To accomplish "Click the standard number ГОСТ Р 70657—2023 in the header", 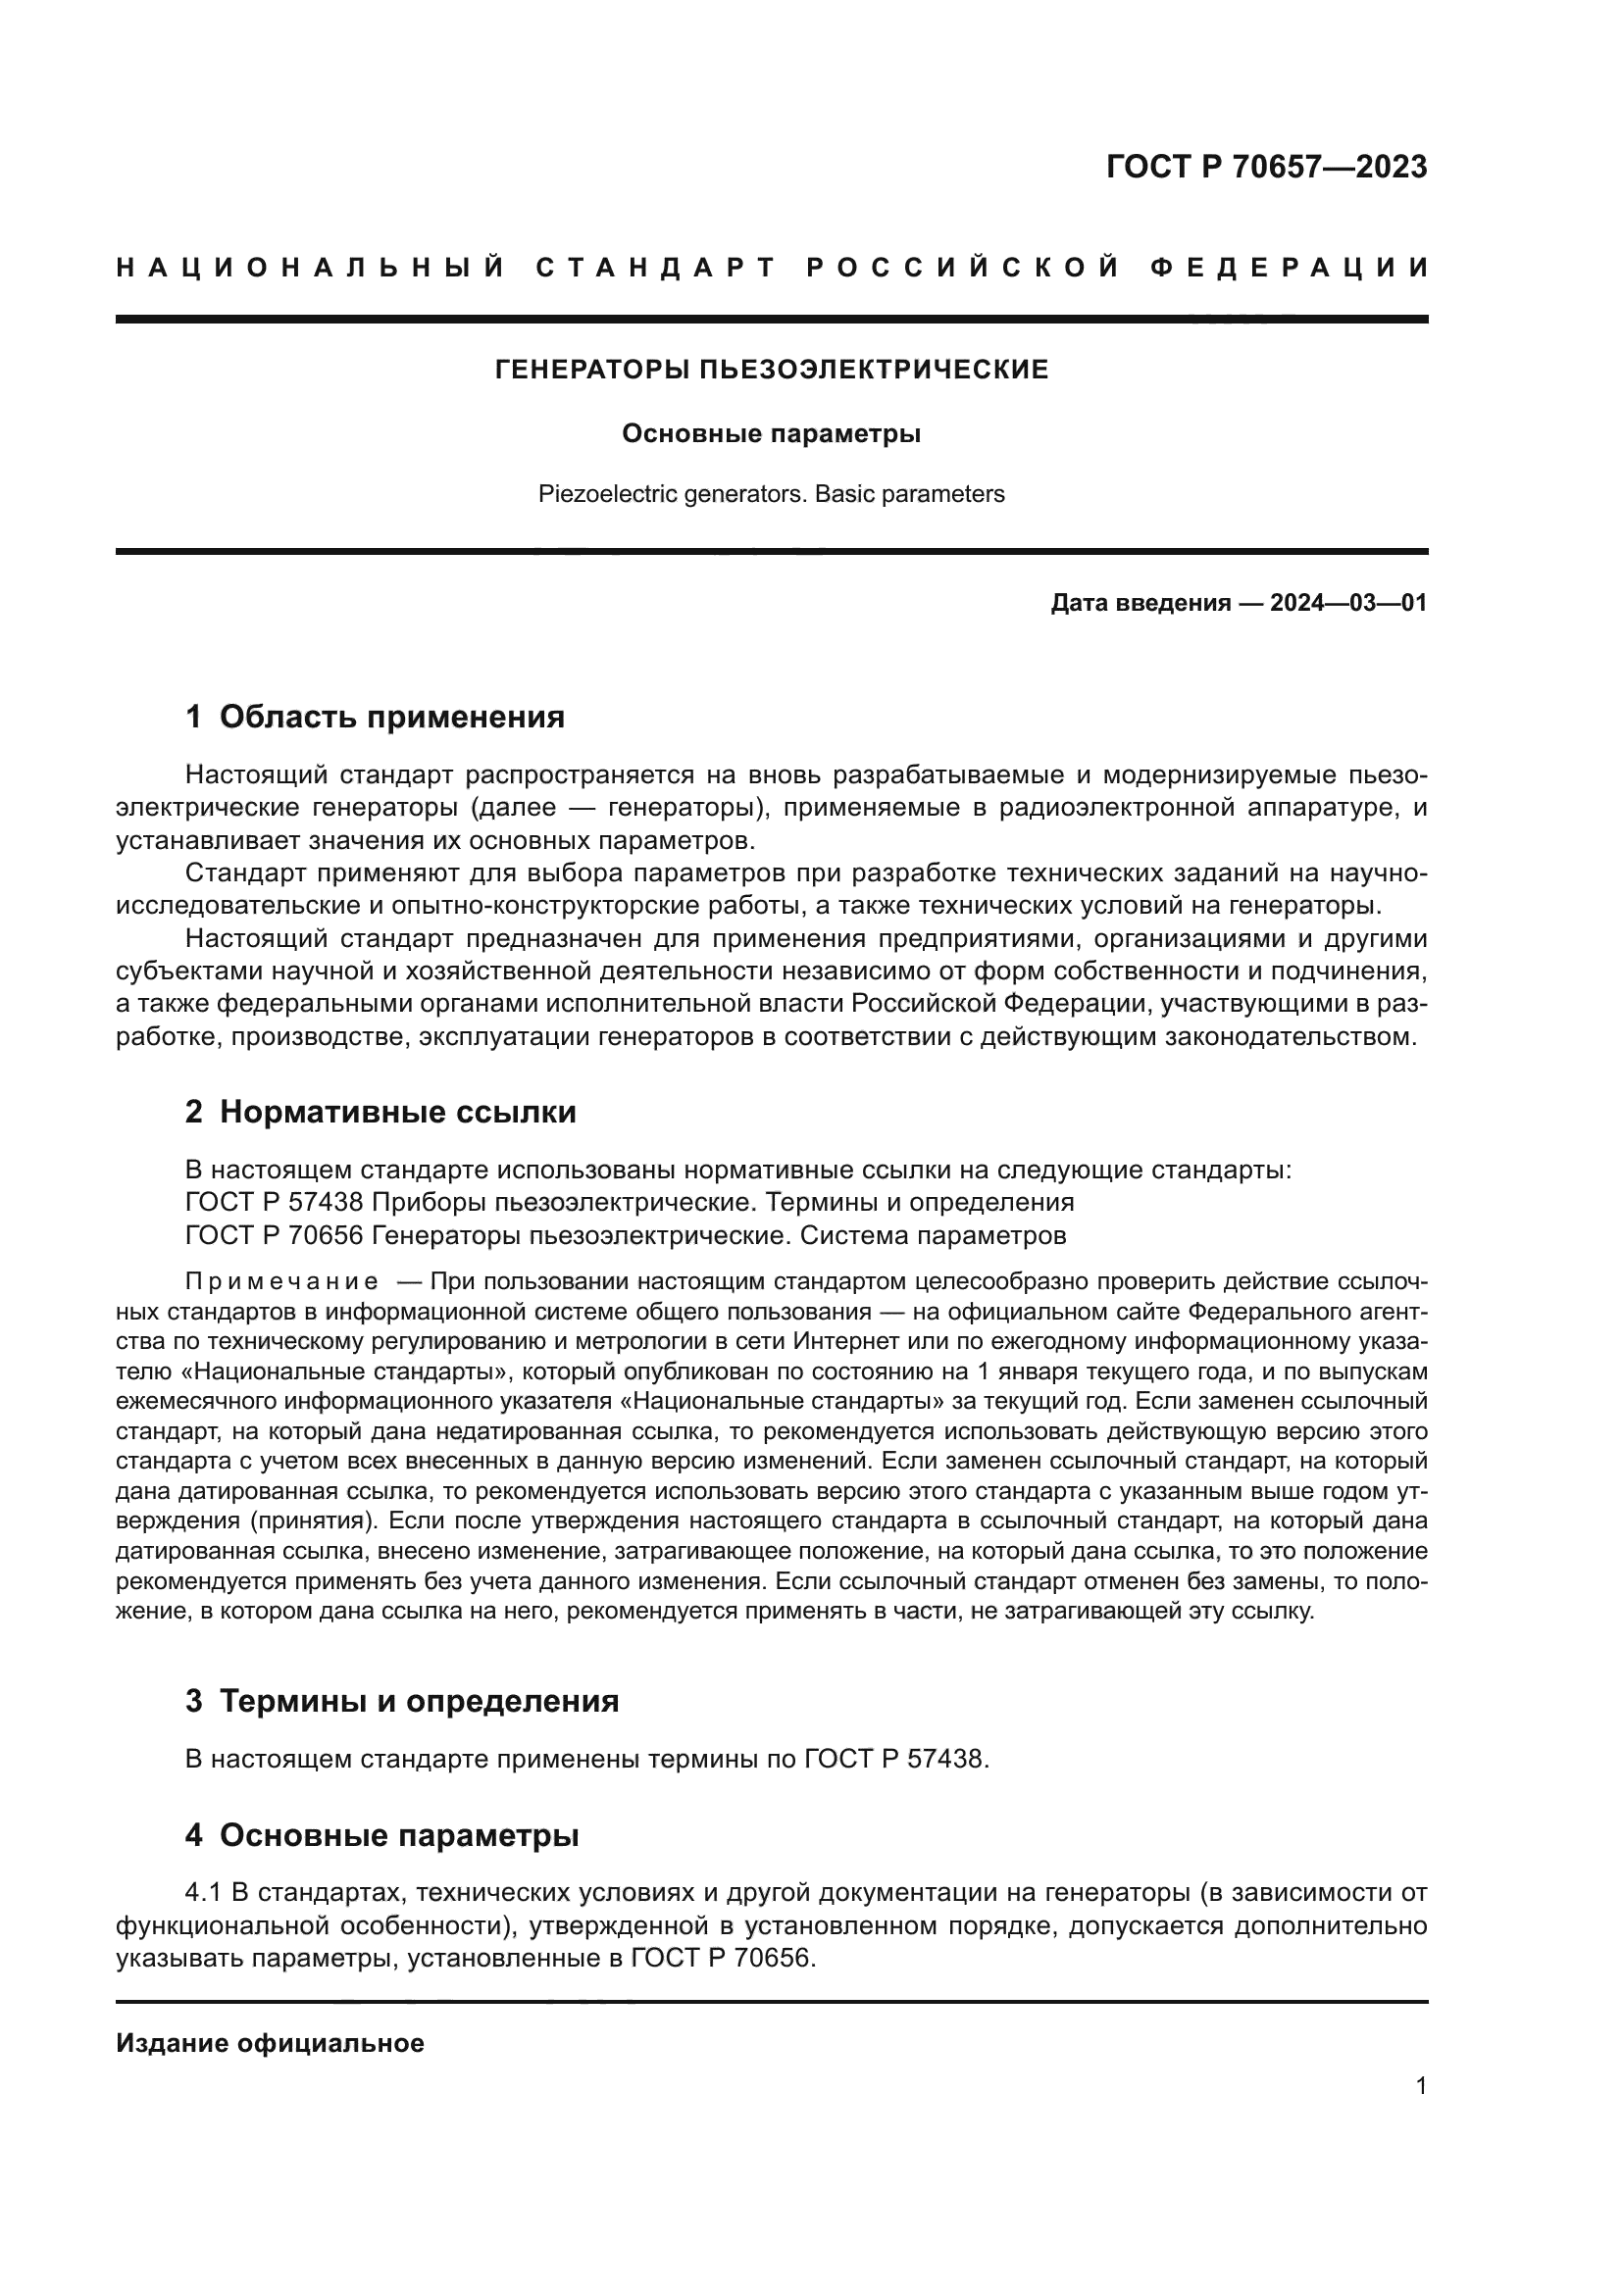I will pos(1265,167).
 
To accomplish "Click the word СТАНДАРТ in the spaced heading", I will pos(655,268).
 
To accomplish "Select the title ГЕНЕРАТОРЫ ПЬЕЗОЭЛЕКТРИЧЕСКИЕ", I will pos(772,371).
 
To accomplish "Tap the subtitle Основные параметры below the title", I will pos(771,433).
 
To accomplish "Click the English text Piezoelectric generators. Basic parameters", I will pos(771,494).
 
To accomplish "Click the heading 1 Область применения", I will pos(375,716).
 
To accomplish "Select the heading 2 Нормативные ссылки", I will pos(380,1112).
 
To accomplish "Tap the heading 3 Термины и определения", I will pos(401,1701).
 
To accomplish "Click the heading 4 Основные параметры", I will pos(381,1834).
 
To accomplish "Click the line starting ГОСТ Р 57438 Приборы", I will pos(630,1203).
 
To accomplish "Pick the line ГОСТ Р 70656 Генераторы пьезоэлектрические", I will pos(626,1235).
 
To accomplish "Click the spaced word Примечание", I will pos(281,1281).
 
